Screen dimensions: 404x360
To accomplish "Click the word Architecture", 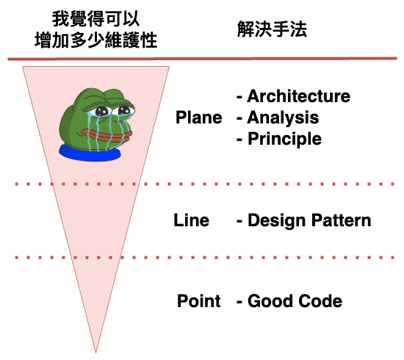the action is tap(299, 96).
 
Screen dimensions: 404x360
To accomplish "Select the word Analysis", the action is tap(283, 118).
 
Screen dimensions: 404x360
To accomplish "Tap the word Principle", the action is tap(285, 140).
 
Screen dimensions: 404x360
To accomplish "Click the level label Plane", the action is tap(198, 118).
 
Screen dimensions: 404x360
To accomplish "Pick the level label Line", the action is tap(192, 220).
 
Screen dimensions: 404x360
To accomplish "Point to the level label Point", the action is tap(198, 300).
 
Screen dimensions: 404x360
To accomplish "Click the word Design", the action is tap(277, 221).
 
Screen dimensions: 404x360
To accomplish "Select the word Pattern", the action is tap(342, 220).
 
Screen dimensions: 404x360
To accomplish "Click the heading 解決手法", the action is tap(272, 29).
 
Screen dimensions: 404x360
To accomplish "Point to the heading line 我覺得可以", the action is tap(95, 18).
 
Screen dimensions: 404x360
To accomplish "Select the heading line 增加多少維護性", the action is tap(95, 40).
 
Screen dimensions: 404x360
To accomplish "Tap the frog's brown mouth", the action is tap(107, 136).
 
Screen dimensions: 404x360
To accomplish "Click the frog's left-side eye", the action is tap(102, 112).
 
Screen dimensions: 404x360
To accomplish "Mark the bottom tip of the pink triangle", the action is tap(95, 353).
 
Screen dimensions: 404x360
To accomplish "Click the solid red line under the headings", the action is tap(202, 59).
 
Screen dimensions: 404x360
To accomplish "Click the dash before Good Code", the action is tap(239, 301).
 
